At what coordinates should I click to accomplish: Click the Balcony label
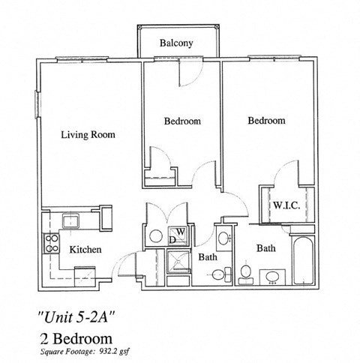(177, 43)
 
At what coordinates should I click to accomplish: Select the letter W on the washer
(181, 231)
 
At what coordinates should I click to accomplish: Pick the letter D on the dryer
(172, 239)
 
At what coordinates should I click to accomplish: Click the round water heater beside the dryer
(154, 235)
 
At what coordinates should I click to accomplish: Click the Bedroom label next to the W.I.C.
(266, 120)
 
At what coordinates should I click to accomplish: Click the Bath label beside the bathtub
(265, 247)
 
